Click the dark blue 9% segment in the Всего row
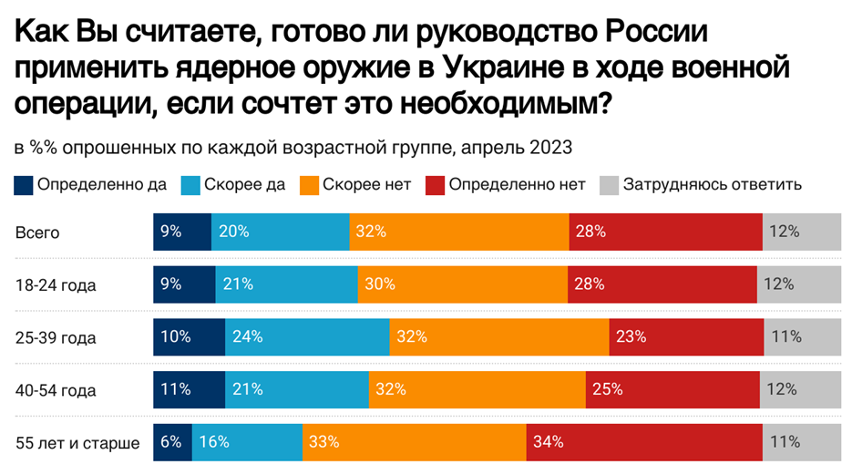[182, 232]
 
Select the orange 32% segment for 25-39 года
[499, 336]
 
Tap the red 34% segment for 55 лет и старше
[644, 442]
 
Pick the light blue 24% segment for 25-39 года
[307, 336]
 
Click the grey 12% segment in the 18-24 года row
[797, 284]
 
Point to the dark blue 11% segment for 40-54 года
[189, 389]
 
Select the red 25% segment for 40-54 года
[672, 389]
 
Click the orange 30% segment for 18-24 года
[463, 284]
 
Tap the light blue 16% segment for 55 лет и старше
[247, 442]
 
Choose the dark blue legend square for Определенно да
[24, 185]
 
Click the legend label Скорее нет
[373, 185]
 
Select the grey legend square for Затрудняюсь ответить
[609, 185]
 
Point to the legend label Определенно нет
[517, 185]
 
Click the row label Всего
[37, 232]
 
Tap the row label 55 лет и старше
[78, 443]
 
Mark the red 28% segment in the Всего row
[665, 232]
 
